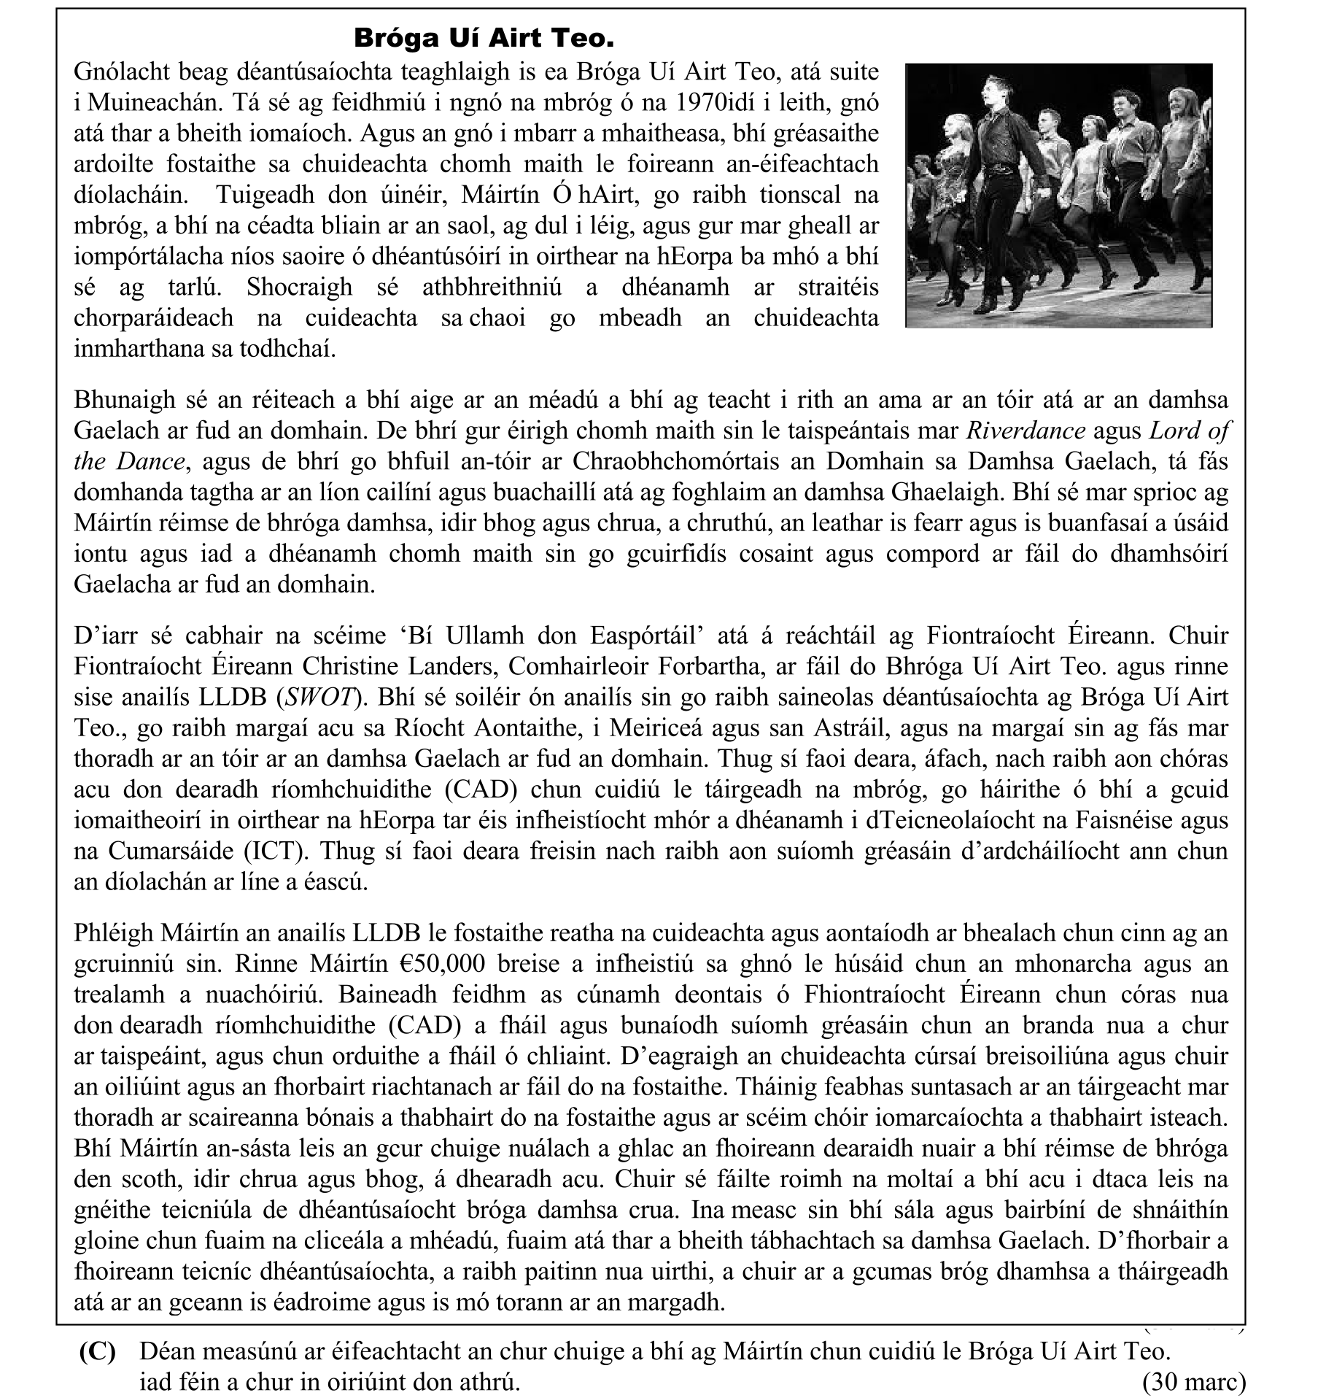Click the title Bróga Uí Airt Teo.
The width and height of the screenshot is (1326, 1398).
tap(483, 38)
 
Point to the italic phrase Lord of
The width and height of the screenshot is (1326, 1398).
tap(1189, 431)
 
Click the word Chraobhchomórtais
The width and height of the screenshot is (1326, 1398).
tap(678, 462)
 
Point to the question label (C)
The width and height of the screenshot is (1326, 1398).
tap(97, 1352)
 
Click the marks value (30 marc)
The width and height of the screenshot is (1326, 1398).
tap(1194, 1382)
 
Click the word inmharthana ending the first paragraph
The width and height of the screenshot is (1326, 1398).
tap(139, 349)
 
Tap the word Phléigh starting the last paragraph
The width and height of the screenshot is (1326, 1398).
tap(114, 933)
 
